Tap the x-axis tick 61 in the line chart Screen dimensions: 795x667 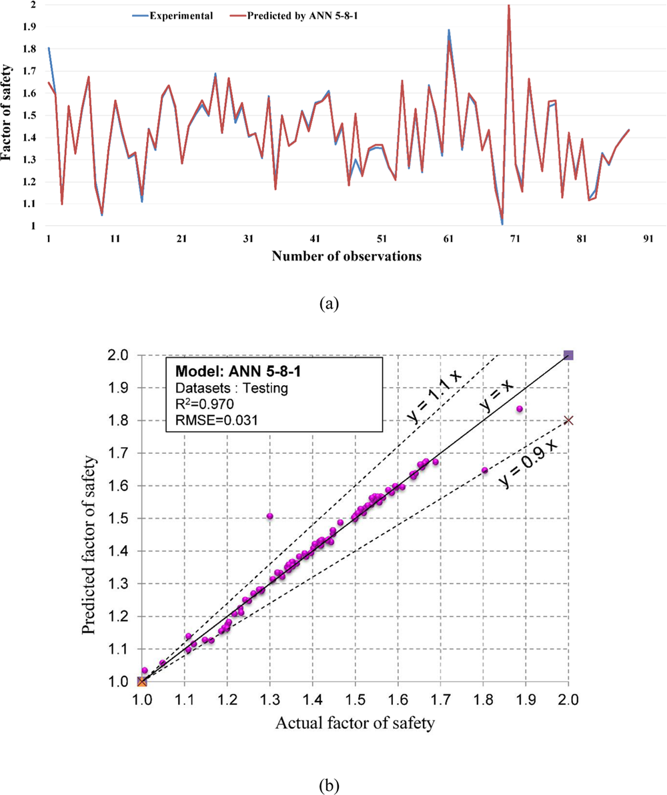point(448,239)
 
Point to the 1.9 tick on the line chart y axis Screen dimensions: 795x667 point(31,27)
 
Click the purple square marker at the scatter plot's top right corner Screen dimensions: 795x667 point(568,355)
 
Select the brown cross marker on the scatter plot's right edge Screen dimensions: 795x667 point(568,420)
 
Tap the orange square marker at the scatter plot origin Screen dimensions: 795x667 point(142,681)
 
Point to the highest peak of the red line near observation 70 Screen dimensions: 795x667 point(509,5)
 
